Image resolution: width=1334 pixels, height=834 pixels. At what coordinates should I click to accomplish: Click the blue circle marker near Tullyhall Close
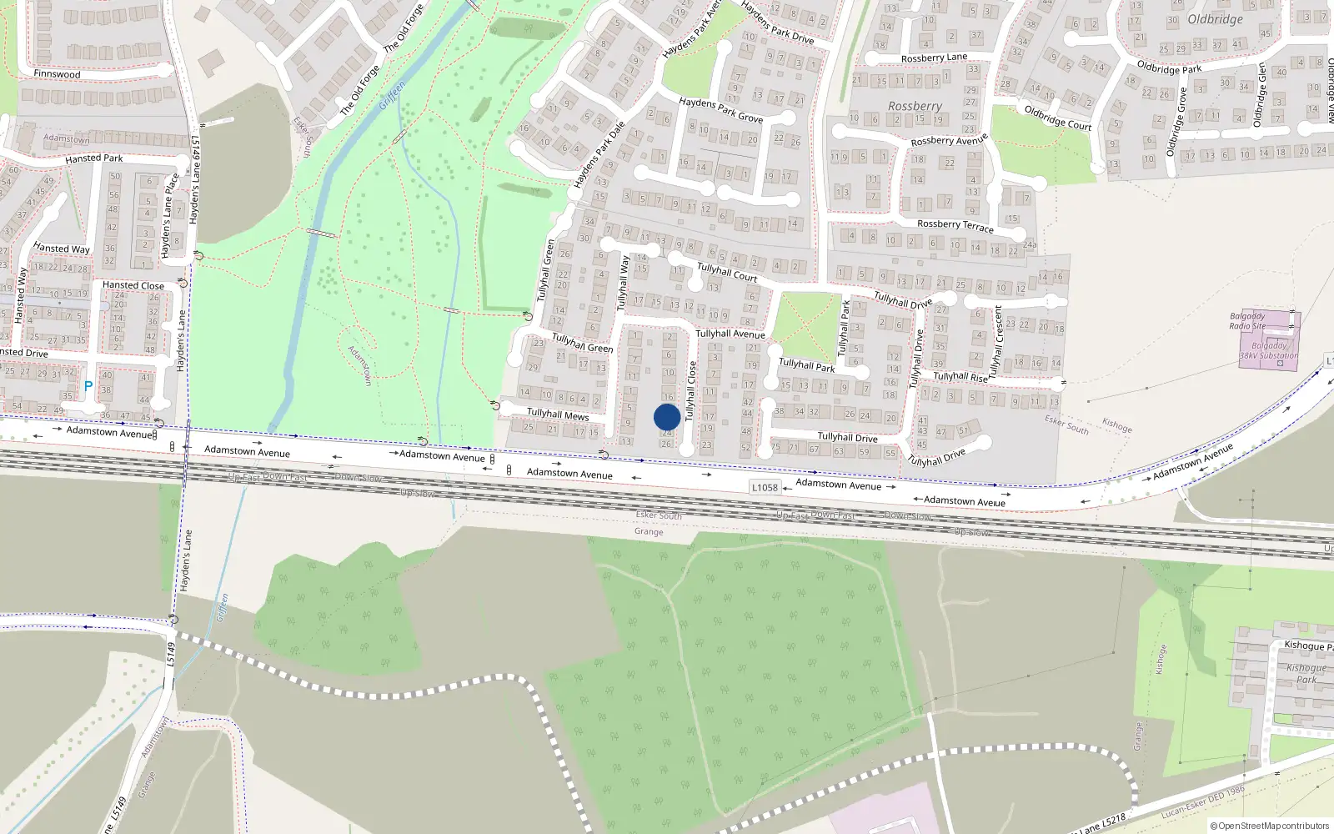pyautogui.click(x=667, y=417)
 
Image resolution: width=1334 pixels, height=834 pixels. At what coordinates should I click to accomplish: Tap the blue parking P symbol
pyautogui.click(x=88, y=386)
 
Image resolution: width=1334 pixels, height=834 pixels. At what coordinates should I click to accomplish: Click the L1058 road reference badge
pyautogui.click(x=765, y=488)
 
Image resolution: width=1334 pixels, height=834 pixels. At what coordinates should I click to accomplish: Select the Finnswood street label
pyautogui.click(x=57, y=74)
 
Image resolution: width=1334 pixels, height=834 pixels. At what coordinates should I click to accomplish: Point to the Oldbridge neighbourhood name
pyautogui.click(x=1215, y=19)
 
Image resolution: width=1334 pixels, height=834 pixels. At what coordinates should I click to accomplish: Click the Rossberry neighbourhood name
pyautogui.click(x=915, y=107)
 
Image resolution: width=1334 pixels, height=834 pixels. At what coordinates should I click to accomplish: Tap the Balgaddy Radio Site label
pyautogui.click(x=1247, y=321)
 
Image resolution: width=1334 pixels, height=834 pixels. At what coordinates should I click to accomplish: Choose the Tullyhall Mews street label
pyautogui.click(x=558, y=414)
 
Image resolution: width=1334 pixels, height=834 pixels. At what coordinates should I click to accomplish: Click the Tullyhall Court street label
pyautogui.click(x=727, y=272)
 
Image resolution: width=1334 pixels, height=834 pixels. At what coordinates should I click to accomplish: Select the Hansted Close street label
pyautogui.click(x=133, y=285)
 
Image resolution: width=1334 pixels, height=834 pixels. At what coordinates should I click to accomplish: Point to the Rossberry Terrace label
pyautogui.click(x=955, y=225)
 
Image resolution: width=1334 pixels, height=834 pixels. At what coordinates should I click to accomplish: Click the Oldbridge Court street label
pyautogui.click(x=1057, y=118)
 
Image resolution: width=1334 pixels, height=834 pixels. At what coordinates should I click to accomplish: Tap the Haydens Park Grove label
pyautogui.click(x=720, y=109)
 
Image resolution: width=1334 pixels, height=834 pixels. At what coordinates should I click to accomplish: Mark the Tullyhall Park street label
pyautogui.click(x=806, y=365)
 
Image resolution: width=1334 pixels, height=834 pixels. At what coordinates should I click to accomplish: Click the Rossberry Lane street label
pyautogui.click(x=934, y=58)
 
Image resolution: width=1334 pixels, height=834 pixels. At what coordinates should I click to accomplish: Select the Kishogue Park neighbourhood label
pyautogui.click(x=1306, y=673)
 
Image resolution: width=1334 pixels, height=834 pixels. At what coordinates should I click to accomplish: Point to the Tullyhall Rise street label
pyautogui.click(x=960, y=377)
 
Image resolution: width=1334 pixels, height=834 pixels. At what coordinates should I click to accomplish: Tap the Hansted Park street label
pyautogui.click(x=93, y=158)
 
